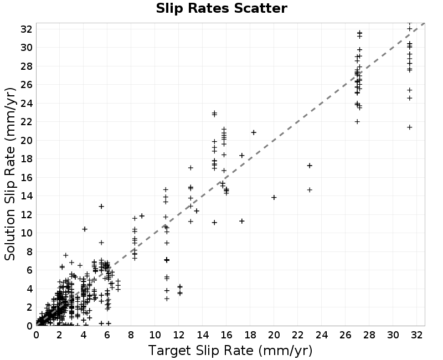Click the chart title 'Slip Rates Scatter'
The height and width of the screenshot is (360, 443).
221,8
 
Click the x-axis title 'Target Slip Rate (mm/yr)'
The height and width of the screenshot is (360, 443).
230,351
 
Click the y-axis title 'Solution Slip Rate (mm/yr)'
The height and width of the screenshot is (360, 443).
10,174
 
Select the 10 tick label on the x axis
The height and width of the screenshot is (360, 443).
155,335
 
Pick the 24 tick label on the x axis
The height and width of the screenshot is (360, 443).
322,335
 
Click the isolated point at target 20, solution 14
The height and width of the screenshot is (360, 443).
274,197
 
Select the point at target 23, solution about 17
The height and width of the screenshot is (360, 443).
310,166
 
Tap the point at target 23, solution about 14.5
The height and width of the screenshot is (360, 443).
310,190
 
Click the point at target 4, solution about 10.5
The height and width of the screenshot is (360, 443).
85,229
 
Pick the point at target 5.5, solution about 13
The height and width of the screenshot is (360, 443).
101,206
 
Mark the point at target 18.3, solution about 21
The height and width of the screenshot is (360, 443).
254,132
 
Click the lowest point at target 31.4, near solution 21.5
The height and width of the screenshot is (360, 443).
410,127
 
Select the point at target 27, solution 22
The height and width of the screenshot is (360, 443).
357,121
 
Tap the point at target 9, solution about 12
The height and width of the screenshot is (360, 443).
142,216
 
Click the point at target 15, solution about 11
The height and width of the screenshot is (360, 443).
214,223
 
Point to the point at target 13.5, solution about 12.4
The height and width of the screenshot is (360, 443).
197,211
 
